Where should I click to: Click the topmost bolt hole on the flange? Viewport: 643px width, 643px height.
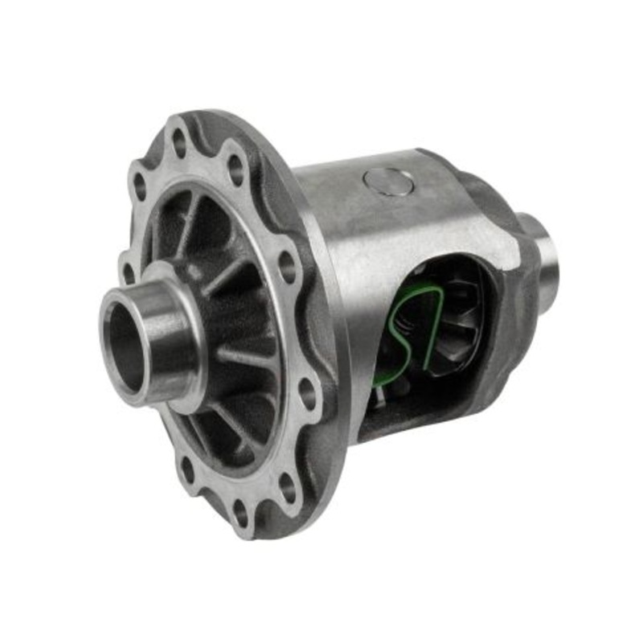click(179, 145)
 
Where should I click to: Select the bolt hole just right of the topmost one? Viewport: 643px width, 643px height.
click(235, 170)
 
